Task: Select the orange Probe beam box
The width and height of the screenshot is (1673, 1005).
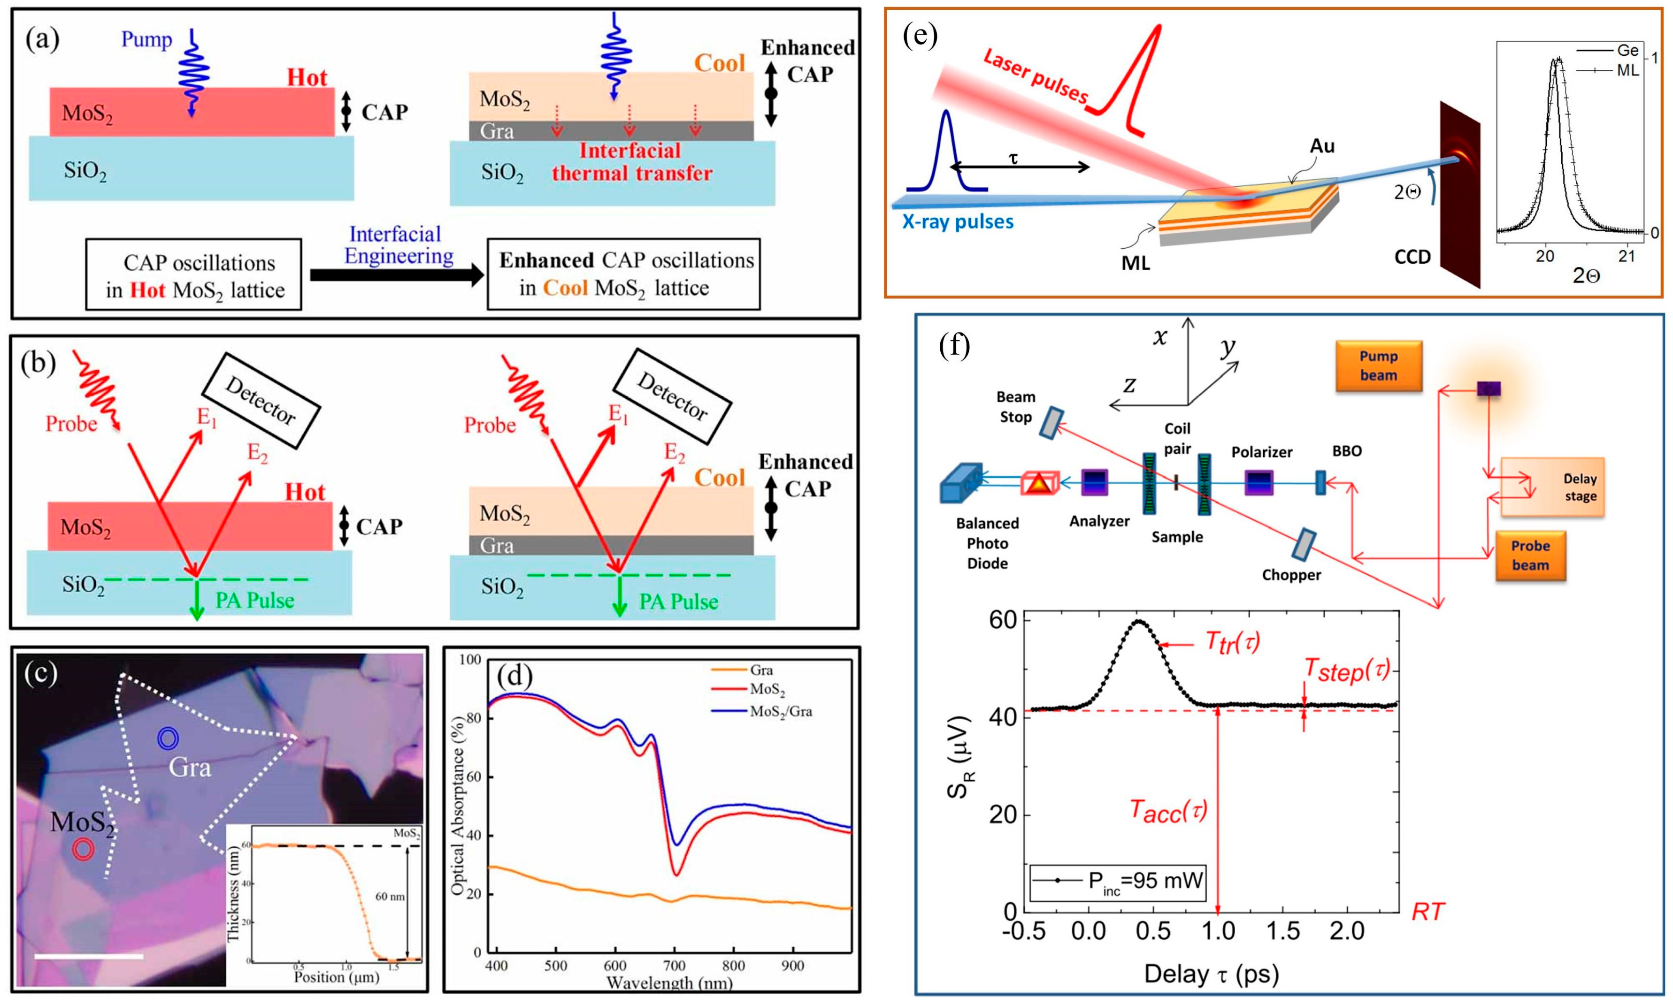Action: [1530, 556]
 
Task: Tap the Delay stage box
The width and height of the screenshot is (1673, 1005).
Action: [1552, 487]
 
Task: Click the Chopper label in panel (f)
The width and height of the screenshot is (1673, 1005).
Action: [1291, 575]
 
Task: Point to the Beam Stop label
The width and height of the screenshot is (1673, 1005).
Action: [1015, 407]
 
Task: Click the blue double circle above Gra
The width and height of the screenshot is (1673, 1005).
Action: [167, 738]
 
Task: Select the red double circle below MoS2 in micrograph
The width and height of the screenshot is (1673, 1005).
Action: [83, 849]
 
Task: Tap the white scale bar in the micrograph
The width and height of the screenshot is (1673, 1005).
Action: [89, 956]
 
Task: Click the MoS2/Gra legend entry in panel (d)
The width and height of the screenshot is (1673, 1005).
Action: [780, 712]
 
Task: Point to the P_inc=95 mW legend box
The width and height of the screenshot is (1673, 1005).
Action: [1118, 882]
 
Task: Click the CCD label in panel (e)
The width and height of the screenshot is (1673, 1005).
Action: [1412, 257]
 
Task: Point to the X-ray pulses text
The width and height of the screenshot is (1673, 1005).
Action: [958, 222]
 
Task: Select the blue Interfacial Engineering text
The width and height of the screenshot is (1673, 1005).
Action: [398, 245]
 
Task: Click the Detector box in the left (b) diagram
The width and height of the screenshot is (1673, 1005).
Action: [260, 400]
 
